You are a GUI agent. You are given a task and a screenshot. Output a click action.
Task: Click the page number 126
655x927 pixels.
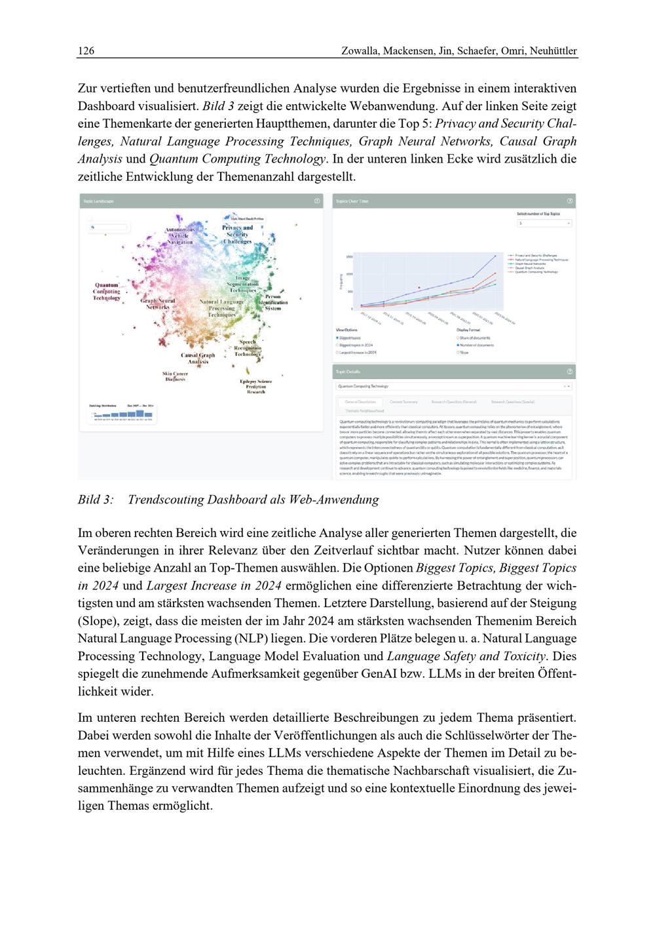click(86, 50)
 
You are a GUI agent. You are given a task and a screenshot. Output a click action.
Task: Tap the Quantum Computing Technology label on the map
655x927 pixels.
click(107, 292)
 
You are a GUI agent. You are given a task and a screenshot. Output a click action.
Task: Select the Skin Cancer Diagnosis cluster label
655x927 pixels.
click(176, 376)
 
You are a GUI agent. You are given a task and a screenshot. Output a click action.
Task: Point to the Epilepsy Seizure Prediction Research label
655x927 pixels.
click(255, 386)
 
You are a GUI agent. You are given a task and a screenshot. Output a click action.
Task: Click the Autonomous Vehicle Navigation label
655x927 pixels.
click(179, 236)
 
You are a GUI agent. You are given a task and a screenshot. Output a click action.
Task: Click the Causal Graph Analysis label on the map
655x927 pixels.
click(198, 358)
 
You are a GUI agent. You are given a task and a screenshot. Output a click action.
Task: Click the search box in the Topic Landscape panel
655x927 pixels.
click(109, 227)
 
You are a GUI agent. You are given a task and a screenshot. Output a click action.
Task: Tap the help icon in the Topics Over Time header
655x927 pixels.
click(569, 201)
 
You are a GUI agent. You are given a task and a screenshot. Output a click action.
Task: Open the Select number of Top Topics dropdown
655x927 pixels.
click(544, 224)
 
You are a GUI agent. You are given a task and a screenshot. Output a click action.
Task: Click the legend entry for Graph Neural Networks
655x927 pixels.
click(532, 263)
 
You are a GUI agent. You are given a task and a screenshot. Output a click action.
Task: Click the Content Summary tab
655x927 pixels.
click(403, 401)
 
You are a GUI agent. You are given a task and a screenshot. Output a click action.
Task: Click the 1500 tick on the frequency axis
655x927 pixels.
click(349, 257)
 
